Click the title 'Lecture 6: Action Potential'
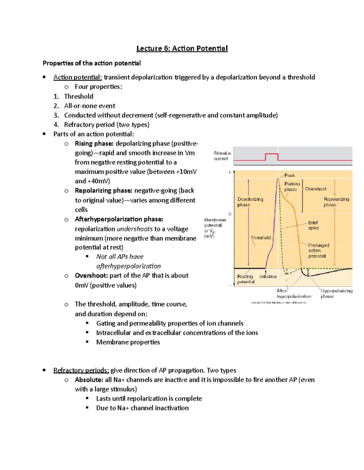coord(182,48)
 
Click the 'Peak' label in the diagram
coord(290,175)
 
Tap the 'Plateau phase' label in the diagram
coord(292,186)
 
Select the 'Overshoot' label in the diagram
coord(315,189)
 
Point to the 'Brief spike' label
coord(313,225)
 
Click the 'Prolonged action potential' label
coord(318,251)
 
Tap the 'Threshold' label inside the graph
coord(261,238)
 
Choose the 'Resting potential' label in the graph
coord(245,279)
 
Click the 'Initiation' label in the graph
coord(268,276)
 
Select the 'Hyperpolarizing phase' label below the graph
coord(336,293)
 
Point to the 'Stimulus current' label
coord(222,156)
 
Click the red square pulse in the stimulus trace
coord(271,156)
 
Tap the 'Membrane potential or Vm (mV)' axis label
coord(214,228)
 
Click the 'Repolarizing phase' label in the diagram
coord(336,202)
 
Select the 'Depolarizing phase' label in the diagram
coord(250,202)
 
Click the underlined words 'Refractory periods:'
coord(81,370)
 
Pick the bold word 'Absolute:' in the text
coord(89,380)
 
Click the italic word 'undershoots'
coord(135,229)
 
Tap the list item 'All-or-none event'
coord(89,106)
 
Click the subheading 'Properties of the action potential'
coord(92,63)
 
